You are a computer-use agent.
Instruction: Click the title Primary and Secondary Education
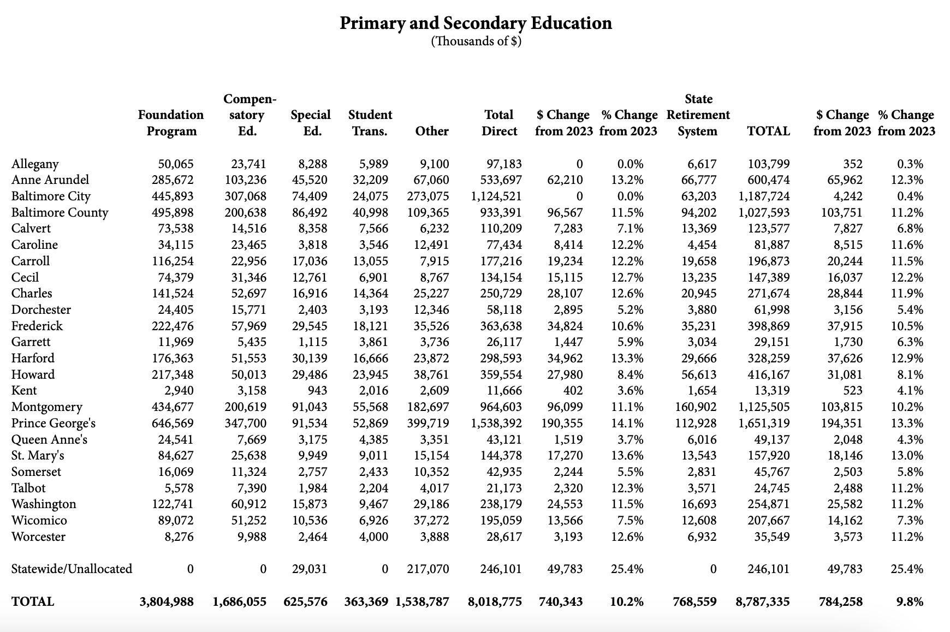coord(476,23)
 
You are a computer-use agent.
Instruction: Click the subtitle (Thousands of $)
coord(476,41)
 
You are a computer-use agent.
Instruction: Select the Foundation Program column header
coord(171,123)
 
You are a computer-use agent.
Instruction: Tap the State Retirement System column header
coord(698,115)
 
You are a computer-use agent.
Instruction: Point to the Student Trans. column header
coord(370,123)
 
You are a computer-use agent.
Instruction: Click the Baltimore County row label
coord(60,212)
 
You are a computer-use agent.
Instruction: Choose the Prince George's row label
coord(54,423)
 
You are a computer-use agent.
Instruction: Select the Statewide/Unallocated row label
coord(72,569)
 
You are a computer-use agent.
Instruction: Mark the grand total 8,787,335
coord(762,601)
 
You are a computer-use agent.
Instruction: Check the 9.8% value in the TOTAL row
coord(910,601)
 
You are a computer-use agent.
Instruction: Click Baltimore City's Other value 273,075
coord(428,196)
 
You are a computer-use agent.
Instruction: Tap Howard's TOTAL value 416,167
coord(768,374)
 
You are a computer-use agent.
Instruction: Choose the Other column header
coord(432,131)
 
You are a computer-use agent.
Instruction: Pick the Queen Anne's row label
coord(49,439)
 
